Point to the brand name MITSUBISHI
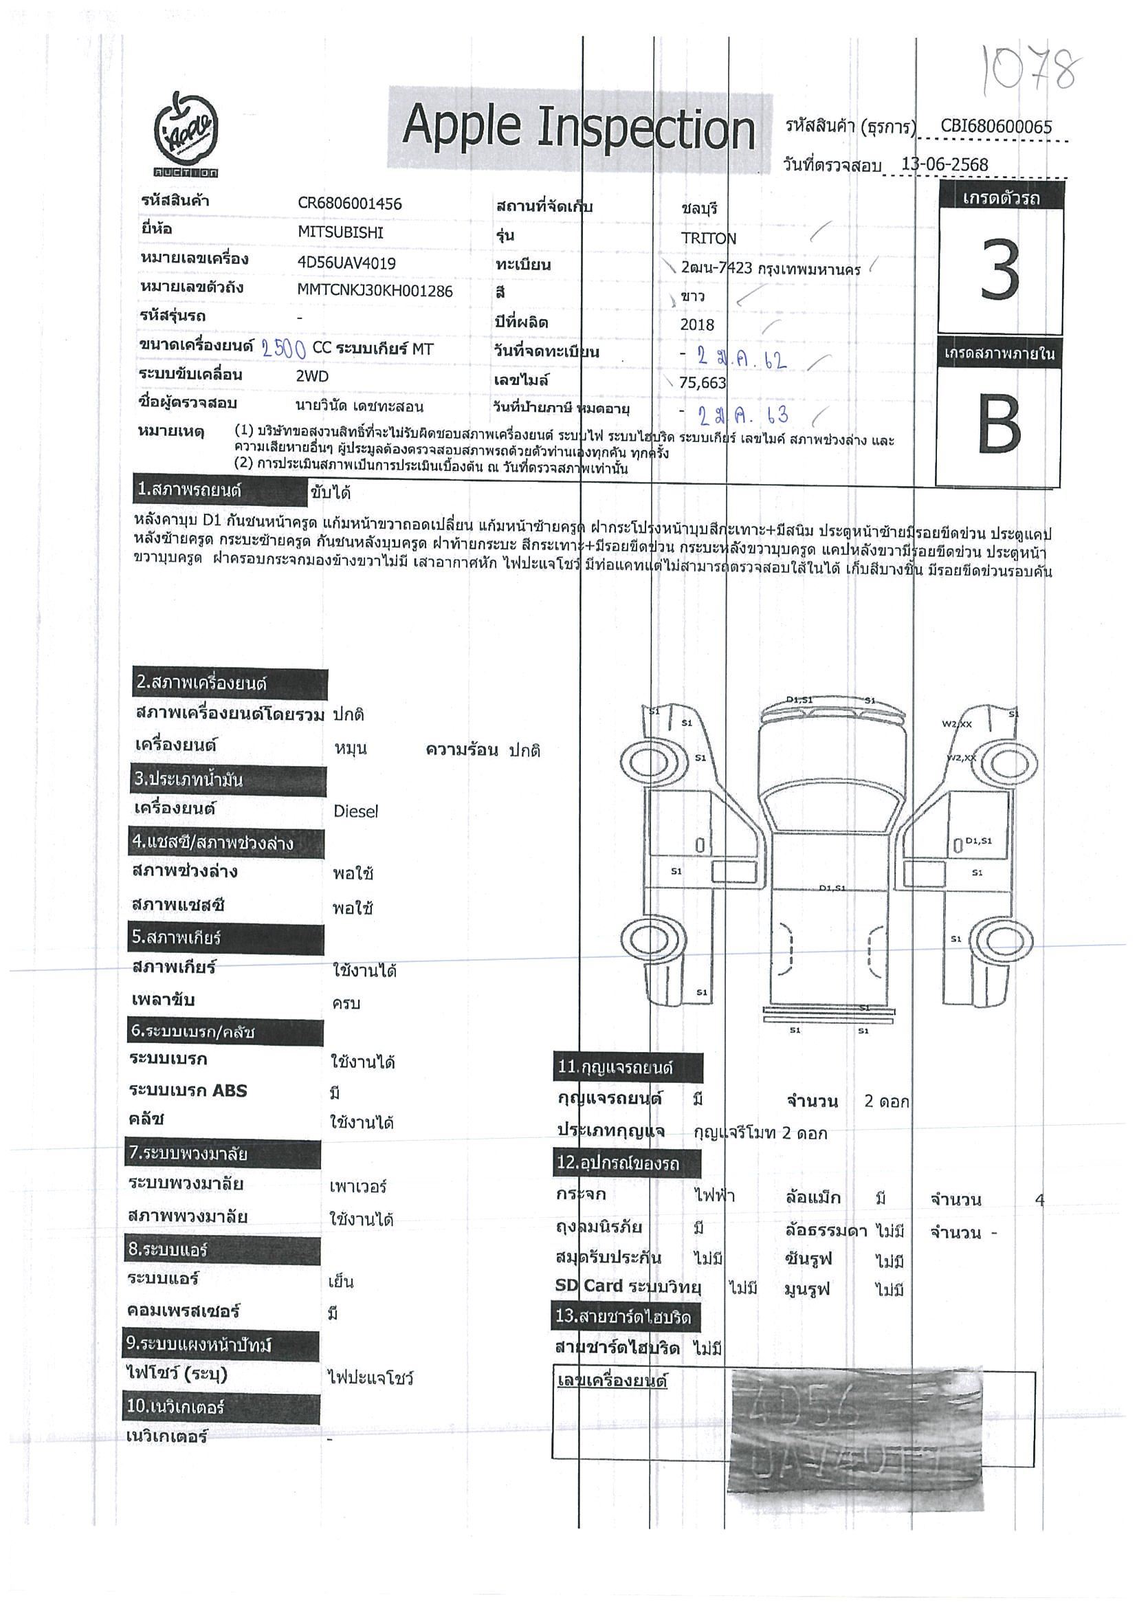click(340, 232)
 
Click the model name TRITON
click(708, 239)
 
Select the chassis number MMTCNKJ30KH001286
click(375, 290)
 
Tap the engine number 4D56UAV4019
click(346, 263)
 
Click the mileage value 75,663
click(703, 382)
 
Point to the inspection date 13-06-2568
click(945, 165)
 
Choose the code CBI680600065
click(995, 126)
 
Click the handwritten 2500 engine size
click(284, 349)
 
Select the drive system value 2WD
click(311, 376)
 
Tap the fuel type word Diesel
click(355, 811)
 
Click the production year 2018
click(697, 325)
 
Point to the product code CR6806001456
click(350, 204)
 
